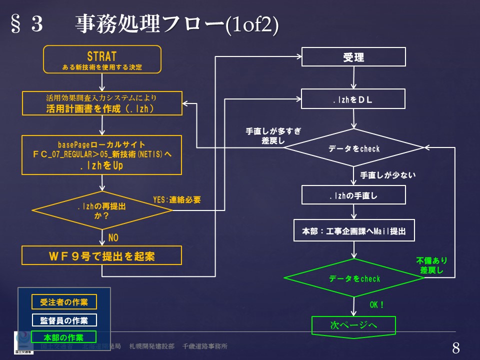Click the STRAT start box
pyautogui.click(x=102, y=59)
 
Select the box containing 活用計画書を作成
pyautogui.click(x=101, y=103)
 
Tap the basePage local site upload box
pyautogui.click(x=101, y=154)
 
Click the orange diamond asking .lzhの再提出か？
pyautogui.click(x=102, y=210)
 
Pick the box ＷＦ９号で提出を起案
pyautogui.click(x=101, y=256)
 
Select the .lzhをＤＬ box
pyautogui.click(x=353, y=98)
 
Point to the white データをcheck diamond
pyautogui.click(x=354, y=148)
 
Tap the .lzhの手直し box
pyautogui.click(x=353, y=195)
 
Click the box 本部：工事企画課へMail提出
pyautogui.click(x=353, y=231)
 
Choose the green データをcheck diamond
pyautogui.click(x=354, y=278)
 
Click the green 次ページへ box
pyautogui.click(x=353, y=325)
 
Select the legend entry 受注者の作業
pyautogui.click(x=64, y=301)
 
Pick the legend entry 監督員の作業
pyautogui.click(x=64, y=319)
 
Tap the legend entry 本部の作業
pyautogui.click(x=64, y=337)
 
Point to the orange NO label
pyautogui.click(x=113, y=237)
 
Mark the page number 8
pyautogui.click(x=455, y=348)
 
